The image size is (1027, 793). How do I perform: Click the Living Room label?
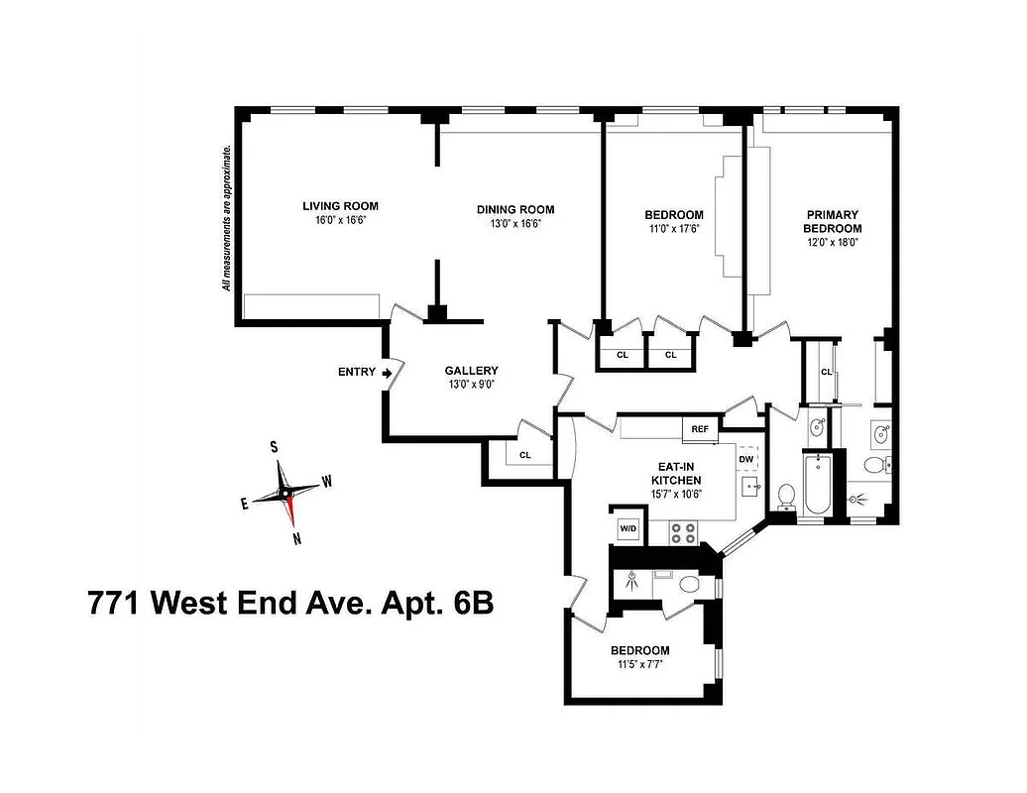tap(340, 206)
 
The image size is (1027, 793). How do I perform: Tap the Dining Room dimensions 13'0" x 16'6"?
tap(514, 224)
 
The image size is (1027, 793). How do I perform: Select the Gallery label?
tap(471, 371)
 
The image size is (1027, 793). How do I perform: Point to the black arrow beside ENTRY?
tap(389, 373)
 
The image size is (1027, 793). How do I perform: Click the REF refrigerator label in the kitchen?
tap(700, 429)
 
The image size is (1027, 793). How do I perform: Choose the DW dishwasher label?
tap(746, 459)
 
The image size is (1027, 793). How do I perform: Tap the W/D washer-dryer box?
tap(628, 527)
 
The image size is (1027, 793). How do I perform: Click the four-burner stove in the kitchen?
tap(683, 532)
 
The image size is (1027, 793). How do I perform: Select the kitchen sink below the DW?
tap(750, 487)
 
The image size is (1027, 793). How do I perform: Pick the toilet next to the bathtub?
tap(787, 495)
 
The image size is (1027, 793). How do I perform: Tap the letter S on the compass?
tap(274, 447)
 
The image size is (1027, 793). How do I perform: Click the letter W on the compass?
tap(327, 482)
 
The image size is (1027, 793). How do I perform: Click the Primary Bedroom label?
tap(832, 221)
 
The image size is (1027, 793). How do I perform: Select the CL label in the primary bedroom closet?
tap(826, 372)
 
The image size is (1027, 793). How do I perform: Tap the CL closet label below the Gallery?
tap(525, 455)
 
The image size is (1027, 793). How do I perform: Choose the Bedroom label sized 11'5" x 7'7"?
tap(640, 650)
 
